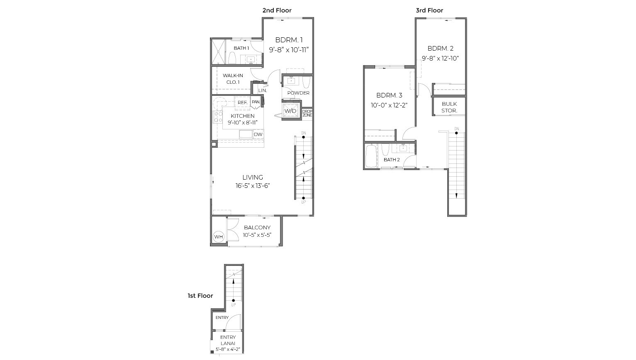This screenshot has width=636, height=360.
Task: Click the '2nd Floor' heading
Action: [x=277, y=10]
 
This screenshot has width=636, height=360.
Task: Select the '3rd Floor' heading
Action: [x=429, y=10]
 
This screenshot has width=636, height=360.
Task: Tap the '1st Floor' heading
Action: [x=200, y=296]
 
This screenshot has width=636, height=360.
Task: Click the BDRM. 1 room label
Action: [x=289, y=40]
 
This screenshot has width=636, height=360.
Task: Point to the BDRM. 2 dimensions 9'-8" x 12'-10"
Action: [x=440, y=58]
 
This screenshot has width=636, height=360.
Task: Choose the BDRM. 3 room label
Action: [x=389, y=95]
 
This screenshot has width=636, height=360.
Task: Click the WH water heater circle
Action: [x=218, y=237]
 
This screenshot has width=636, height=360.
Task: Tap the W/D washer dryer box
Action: [x=290, y=111]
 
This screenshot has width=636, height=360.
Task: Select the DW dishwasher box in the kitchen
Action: [x=258, y=134]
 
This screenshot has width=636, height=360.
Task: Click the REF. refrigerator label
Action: [x=242, y=102]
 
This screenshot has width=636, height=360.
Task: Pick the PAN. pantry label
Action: [x=256, y=102]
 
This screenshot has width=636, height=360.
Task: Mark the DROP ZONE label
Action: [x=307, y=113]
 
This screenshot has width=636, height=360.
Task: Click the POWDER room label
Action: [x=298, y=93]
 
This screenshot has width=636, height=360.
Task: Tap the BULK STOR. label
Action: [x=449, y=107]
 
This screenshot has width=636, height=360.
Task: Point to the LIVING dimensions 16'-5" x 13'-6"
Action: [x=253, y=186]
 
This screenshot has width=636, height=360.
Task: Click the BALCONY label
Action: [x=257, y=228]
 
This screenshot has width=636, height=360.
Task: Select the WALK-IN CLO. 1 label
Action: [x=233, y=79]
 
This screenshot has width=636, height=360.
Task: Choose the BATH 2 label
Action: [x=392, y=160]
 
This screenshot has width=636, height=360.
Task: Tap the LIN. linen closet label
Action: [x=263, y=90]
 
